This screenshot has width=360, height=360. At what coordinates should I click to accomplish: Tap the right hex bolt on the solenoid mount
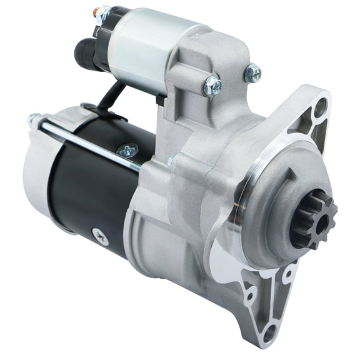[x=252, y=73]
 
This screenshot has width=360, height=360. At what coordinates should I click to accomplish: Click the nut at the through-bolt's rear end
[x=33, y=117]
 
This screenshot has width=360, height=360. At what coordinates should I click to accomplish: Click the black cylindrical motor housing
[x=87, y=187]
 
